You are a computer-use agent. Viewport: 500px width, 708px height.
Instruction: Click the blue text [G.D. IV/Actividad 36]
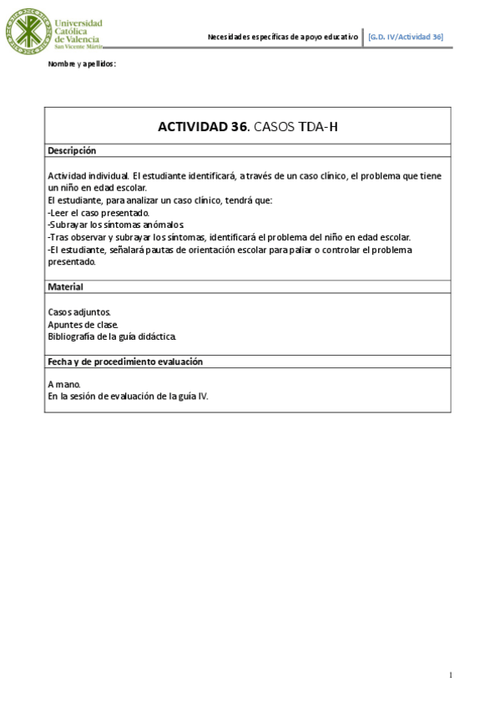406,37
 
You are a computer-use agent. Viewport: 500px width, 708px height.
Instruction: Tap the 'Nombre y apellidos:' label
82,63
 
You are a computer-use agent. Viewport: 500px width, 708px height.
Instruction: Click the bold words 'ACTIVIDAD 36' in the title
203,127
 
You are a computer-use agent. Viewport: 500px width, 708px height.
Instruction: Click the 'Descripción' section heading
72,150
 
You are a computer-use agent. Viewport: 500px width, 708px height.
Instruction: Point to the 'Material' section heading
65,286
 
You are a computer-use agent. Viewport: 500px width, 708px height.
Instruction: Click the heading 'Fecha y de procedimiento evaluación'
125,362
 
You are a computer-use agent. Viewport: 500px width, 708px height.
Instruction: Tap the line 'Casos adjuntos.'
79,312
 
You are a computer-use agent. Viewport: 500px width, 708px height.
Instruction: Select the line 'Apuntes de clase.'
83,324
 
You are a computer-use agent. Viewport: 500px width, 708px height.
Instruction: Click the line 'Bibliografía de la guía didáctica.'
112,336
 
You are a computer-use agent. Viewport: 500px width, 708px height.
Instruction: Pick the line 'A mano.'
65,384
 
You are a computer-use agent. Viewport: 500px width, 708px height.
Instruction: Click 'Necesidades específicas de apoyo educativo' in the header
282,37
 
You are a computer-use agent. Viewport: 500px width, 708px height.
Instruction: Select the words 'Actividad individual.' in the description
88,176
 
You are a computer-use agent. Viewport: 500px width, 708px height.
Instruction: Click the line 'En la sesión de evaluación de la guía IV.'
128,397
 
